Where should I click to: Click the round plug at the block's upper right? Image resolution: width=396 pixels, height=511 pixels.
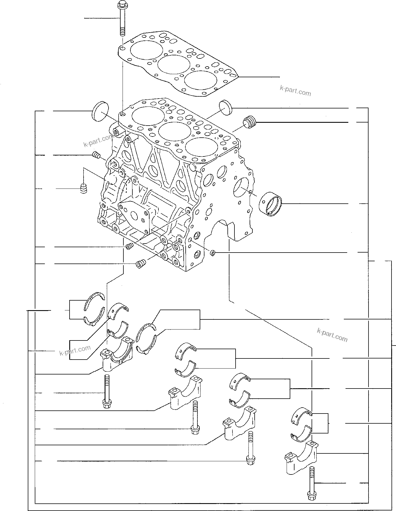[225, 107]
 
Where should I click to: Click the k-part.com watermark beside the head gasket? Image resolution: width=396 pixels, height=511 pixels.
[295, 90]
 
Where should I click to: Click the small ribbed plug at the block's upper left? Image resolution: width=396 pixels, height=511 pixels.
[96, 155]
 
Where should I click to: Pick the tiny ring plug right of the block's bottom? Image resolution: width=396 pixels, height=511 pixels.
[213, 253]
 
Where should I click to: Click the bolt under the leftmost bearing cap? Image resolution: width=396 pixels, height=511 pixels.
[107, 392]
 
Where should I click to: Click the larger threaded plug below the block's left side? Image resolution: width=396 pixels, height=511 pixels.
[141, 264]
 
